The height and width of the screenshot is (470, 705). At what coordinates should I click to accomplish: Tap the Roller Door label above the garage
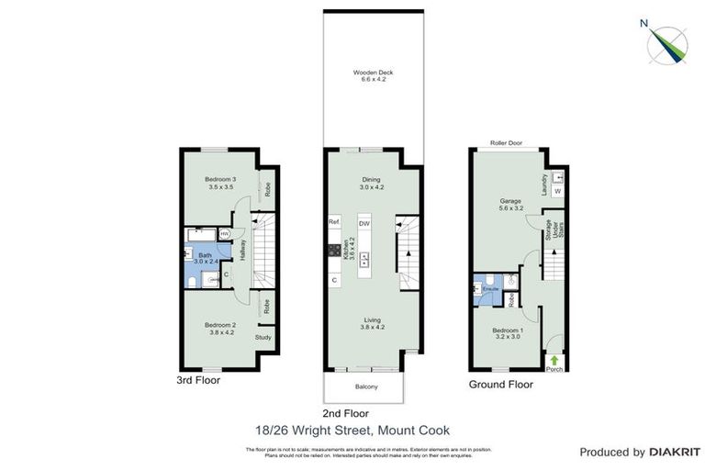click(x=507, y=143)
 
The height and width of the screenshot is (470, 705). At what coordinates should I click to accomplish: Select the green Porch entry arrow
click(x=554, y=361)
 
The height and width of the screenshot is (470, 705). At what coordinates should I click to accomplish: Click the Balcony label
click(x=366, y=386)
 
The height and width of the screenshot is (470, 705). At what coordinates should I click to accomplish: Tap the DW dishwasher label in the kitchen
click(x=364, y=223)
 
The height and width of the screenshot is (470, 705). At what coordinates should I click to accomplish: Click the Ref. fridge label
click(x=334, y=222)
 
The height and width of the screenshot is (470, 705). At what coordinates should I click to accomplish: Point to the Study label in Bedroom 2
click(x=263, y=338)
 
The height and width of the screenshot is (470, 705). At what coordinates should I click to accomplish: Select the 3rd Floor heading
click(x=199, y=378)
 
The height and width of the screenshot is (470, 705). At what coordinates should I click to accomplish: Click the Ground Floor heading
click(x=501, y=385)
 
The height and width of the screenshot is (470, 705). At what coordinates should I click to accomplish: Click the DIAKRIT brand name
click(x=675, y=452)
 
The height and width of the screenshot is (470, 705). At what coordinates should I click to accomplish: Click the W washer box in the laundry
click(x=558, y=191)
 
